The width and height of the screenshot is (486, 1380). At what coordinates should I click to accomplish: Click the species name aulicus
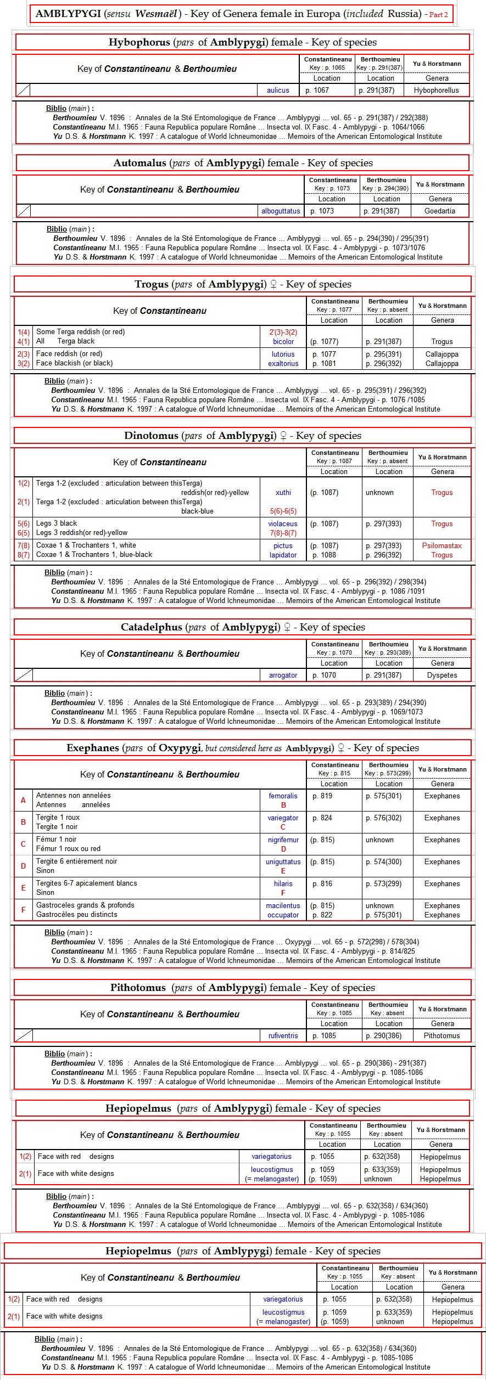[x=278, y=91]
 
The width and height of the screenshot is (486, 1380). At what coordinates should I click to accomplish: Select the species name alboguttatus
[x=281, y=211]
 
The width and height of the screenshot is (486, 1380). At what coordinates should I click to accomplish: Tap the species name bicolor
[x=283, y=342]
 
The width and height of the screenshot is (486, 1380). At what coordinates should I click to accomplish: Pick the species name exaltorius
[x=283, y=364]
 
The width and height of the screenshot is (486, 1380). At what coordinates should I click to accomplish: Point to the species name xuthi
[x=283, y=493]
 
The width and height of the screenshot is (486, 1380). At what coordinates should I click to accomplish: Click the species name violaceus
[x=283, y=524]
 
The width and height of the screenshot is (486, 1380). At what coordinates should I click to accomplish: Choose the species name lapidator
[x=283, y=555]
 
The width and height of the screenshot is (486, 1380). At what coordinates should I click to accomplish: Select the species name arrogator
[x=283, y=675]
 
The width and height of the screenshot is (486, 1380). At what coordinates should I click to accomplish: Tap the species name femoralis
[x=283, y=796]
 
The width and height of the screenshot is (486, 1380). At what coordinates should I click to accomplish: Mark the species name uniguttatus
[x=283, y=862]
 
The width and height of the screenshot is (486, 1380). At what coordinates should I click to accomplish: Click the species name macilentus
[x=283, y=906]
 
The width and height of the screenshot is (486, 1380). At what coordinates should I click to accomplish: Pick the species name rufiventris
[x=283, y=1036]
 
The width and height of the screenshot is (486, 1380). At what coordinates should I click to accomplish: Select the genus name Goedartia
[x=440, y=211]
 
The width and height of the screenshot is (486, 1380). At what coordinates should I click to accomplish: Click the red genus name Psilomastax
[x=442, y=546]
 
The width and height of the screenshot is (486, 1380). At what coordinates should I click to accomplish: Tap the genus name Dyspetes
[x=442, y=675]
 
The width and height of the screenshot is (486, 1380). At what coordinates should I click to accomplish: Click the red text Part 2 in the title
[x=439, y=15]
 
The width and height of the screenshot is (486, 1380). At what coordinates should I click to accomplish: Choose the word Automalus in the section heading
[x=139, y=163]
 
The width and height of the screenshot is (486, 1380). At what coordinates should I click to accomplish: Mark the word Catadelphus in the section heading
[x=150, y=627]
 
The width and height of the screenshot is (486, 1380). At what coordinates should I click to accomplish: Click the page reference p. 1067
[x=317, y=91]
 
